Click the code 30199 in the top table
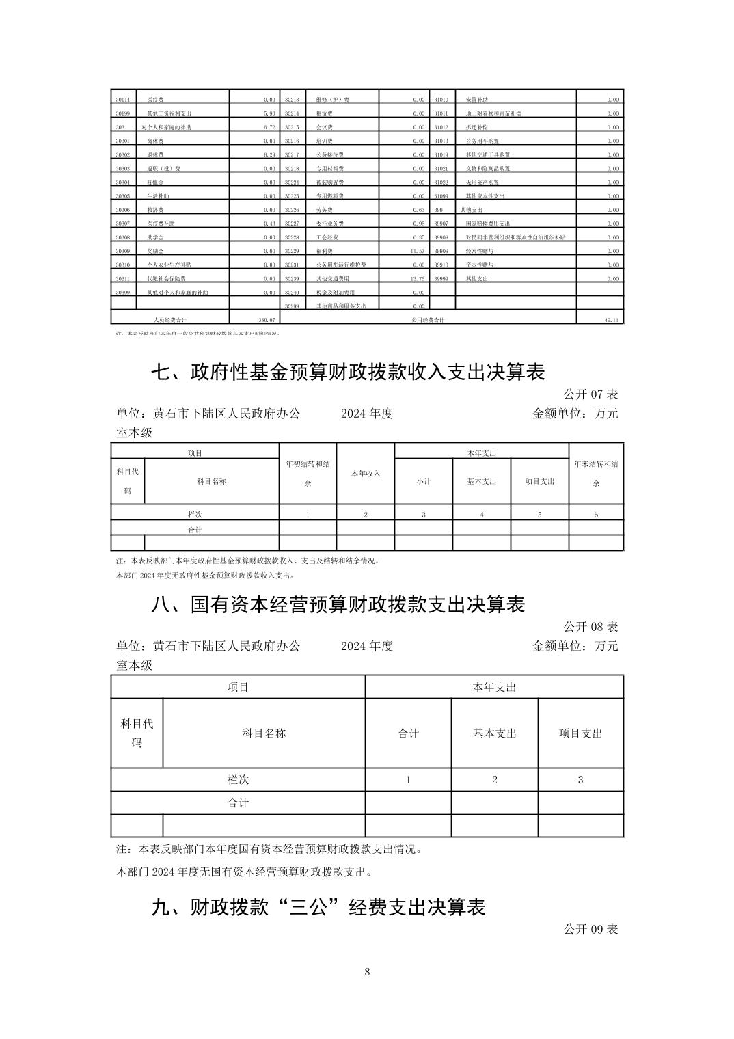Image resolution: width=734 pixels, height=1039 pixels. (123, 113)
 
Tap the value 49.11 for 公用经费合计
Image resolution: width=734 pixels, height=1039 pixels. (611, 319)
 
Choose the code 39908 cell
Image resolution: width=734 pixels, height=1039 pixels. (441, 237)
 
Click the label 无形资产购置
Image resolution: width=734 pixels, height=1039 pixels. (482, 183)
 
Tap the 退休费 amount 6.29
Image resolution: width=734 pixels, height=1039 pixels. (269, 154)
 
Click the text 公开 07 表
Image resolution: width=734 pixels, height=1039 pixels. (590, 394)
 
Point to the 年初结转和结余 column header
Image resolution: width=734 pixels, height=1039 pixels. (308, 473)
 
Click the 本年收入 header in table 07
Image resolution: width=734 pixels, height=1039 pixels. (366, 473)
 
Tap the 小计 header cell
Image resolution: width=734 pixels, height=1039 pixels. (424, 481)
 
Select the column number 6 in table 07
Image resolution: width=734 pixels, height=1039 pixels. (596, 514)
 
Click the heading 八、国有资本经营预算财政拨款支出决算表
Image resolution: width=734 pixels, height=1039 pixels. (338, 605)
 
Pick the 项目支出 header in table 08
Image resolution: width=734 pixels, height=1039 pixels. (580, 733)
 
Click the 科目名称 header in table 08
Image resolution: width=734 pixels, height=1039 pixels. (264, 733)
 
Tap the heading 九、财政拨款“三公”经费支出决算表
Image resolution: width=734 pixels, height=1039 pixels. (318, 907)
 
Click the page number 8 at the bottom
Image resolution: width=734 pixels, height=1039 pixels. (368, 971)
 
